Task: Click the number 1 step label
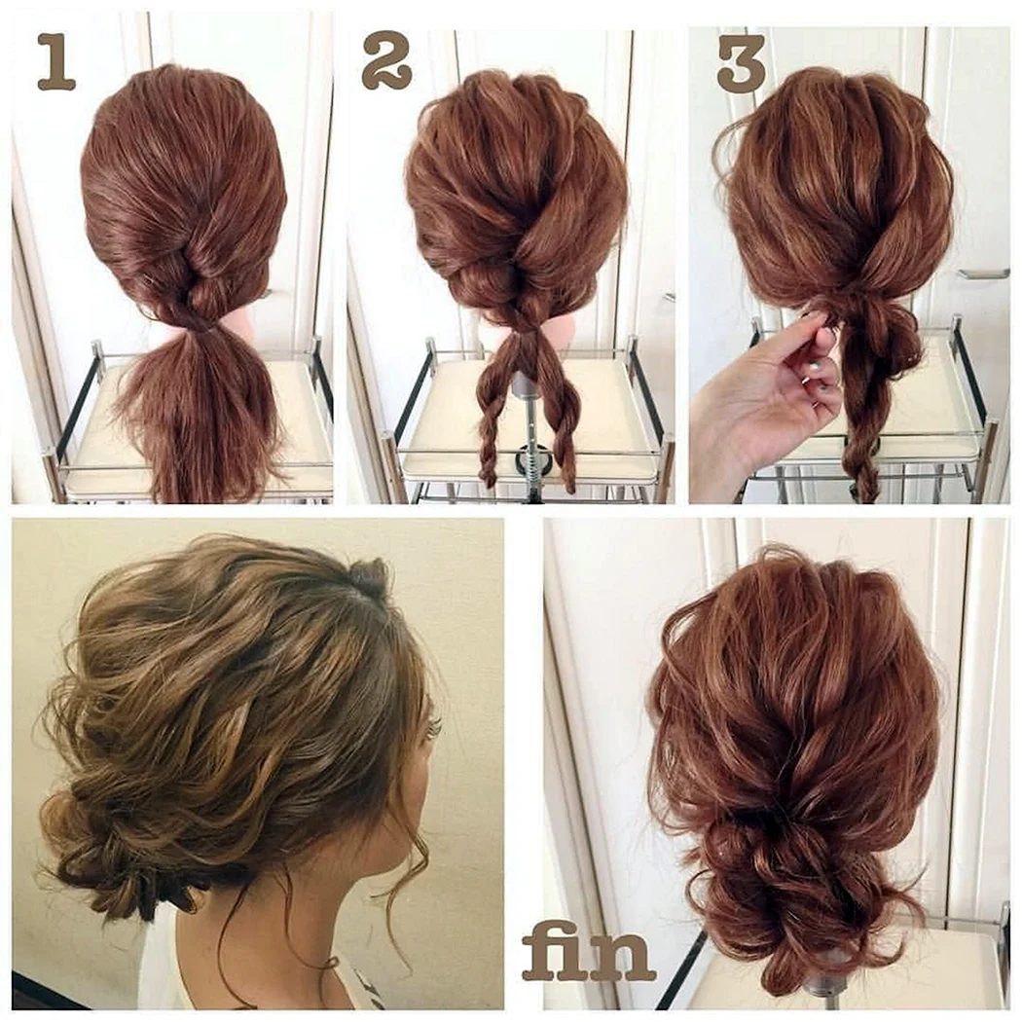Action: pyautogui.click(x=56, y=62)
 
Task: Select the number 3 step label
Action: pyautogui.click(x=741, y=63)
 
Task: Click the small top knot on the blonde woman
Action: pyautogui.click(x=366, y=576)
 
